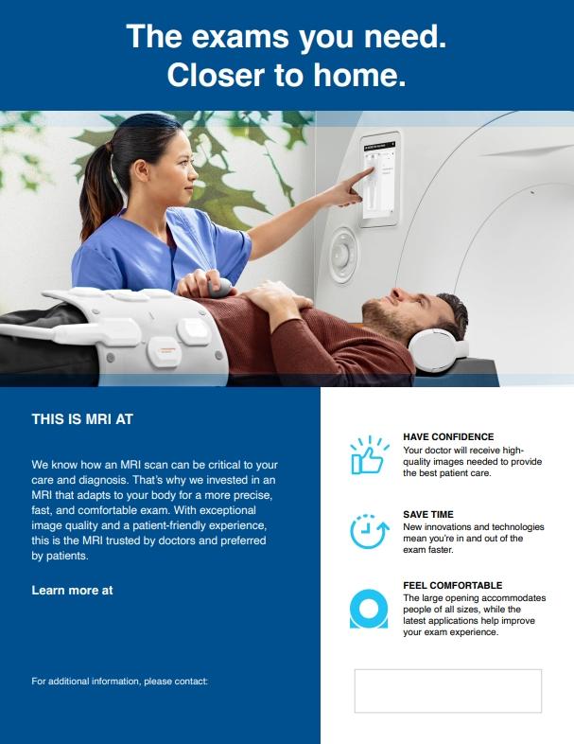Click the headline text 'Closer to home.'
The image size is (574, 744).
click(x=287, y=77)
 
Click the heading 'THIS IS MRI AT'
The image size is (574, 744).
click(x=82, y=416)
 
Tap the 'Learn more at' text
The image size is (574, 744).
click(x=72, y=590)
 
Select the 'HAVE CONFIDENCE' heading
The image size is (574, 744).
click(x=448, y=436)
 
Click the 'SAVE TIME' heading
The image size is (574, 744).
click(x=428, y=514)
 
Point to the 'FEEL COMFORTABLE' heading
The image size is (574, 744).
click(x=452, y=586)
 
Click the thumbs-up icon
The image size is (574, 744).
click(x=369, y=455)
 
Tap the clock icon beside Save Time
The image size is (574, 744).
click(x=368, y=530)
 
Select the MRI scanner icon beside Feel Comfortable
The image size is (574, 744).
click(x=369, y=608)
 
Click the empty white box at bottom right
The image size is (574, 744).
click(x=447, y=690)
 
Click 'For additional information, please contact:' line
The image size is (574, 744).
click(x=119, y=681)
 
